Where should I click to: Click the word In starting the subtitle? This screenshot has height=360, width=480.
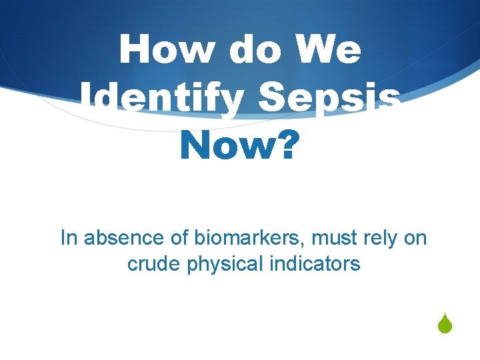(x=68, y=238)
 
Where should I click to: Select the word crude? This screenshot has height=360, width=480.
(x=154, y=264)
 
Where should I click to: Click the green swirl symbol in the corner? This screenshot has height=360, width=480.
(x=445, y=325)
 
